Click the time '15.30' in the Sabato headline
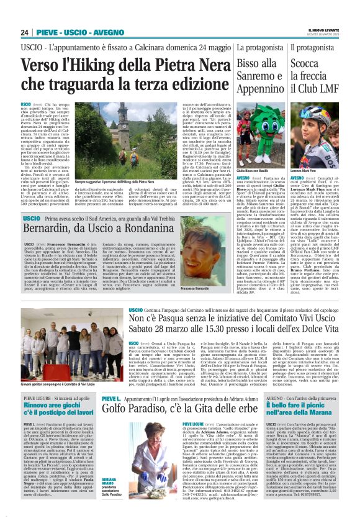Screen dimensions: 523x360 225,334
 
